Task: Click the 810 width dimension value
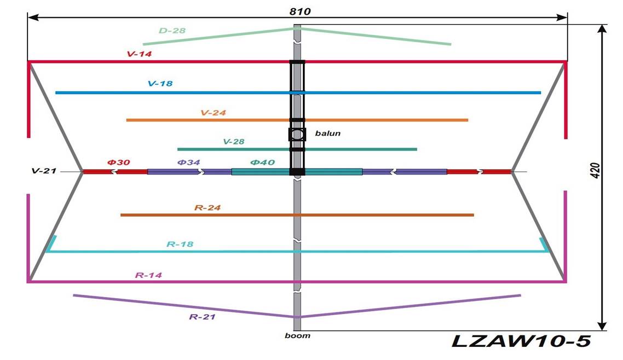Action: tap(300, 11)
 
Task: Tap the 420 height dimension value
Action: tap(595, 171)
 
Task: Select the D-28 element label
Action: tap(172, 31)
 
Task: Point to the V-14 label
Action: tap(139, 54)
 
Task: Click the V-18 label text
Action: tap(160, 84)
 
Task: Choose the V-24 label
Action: tap(214, 113)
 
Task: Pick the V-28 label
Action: tap(234, 142)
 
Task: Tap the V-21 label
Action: tap(44, 171)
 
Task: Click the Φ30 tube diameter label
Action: tap(118, 162)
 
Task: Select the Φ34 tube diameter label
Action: tap(188, 162)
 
